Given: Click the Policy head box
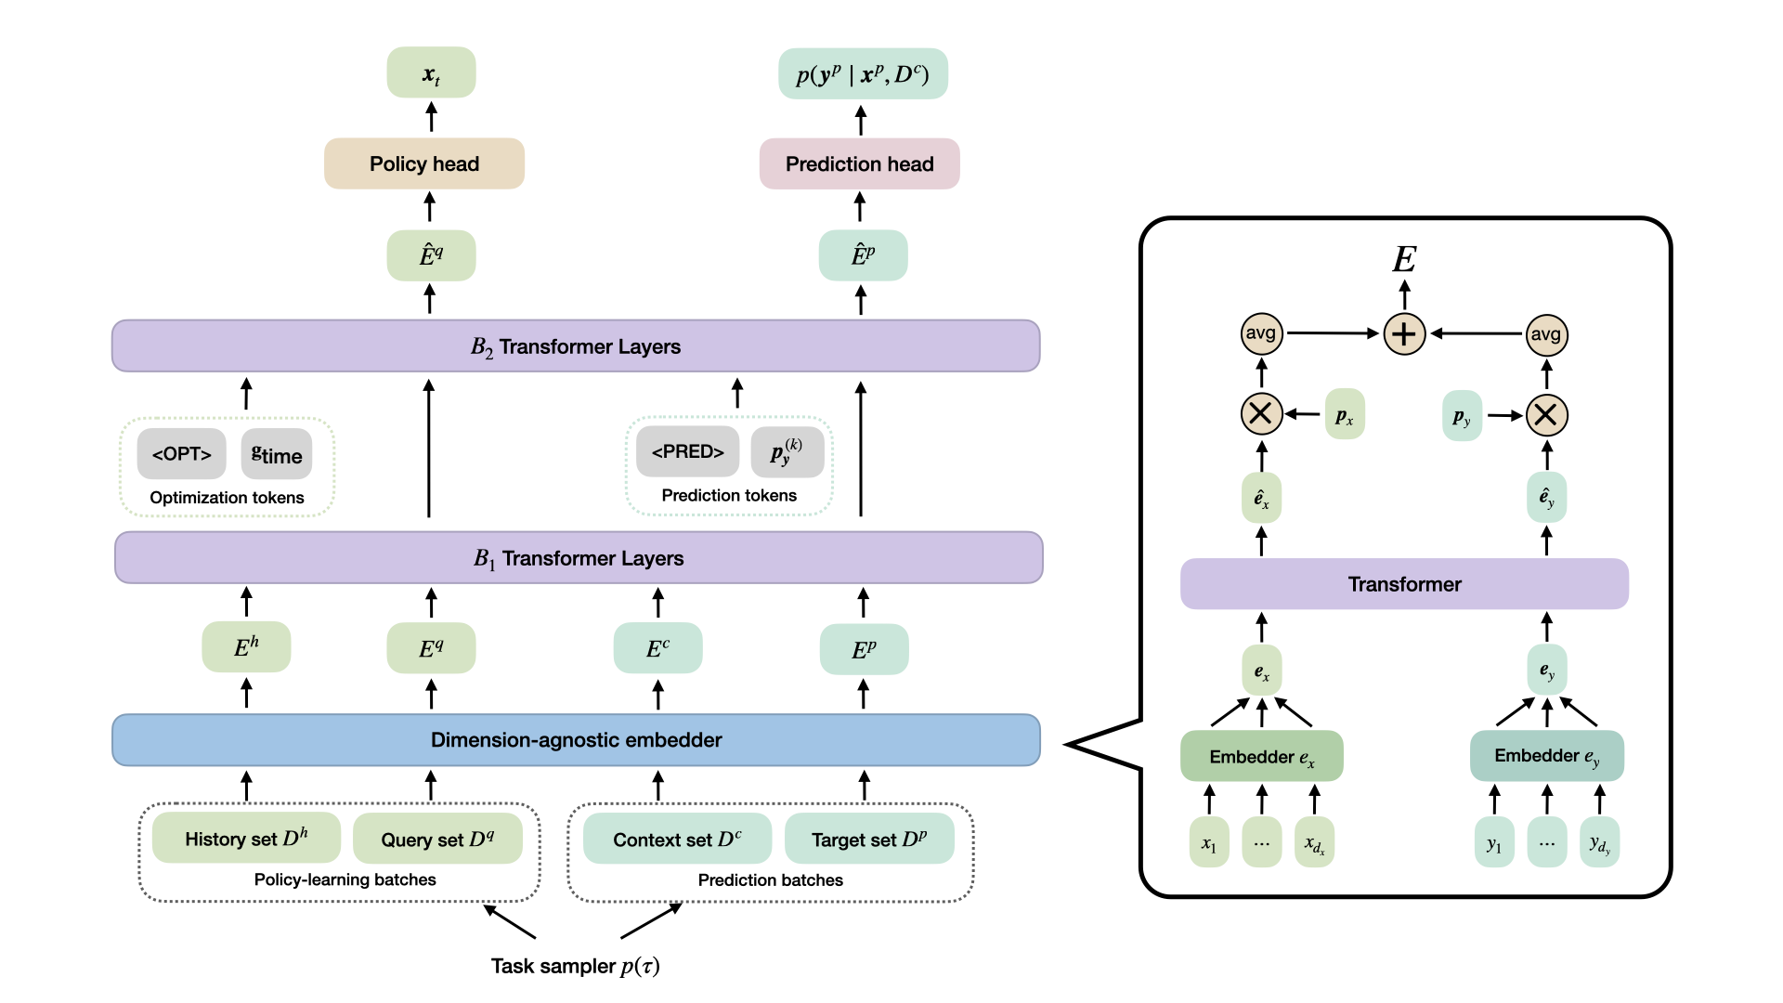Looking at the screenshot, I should [x=424, y=163].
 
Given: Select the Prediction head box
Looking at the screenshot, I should [x=859, y=163].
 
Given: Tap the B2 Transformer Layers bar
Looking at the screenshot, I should [x=576, y=346].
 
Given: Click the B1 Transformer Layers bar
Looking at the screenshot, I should [x=579, y=558].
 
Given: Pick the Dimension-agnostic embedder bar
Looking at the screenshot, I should [x=576, y=740].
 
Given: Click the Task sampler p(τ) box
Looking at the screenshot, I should [x=576, y=965].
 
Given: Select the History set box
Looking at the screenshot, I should [x=246, y=839].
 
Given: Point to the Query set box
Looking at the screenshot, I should [x=437, y=840].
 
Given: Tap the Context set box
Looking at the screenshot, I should [x=677, y=840].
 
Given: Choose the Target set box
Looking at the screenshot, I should [x=869, y=840].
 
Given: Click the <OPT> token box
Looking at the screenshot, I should [x=181, y=454].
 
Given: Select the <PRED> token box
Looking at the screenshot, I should [x=687, y=452].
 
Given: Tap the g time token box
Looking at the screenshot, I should [x=277, y=454].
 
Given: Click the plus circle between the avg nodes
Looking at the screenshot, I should [x=1404, y=334].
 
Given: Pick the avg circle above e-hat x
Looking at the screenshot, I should [x=1261, y=333].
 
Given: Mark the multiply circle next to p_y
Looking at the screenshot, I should [x=1546, y=415].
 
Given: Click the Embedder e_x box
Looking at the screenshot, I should [x=1261, y=756].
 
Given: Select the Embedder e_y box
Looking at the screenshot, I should [x=1546, y=755].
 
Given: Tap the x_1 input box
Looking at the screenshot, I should [x=1208, y=842].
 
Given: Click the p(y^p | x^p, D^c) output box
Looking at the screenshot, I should [x=863, y=74].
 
